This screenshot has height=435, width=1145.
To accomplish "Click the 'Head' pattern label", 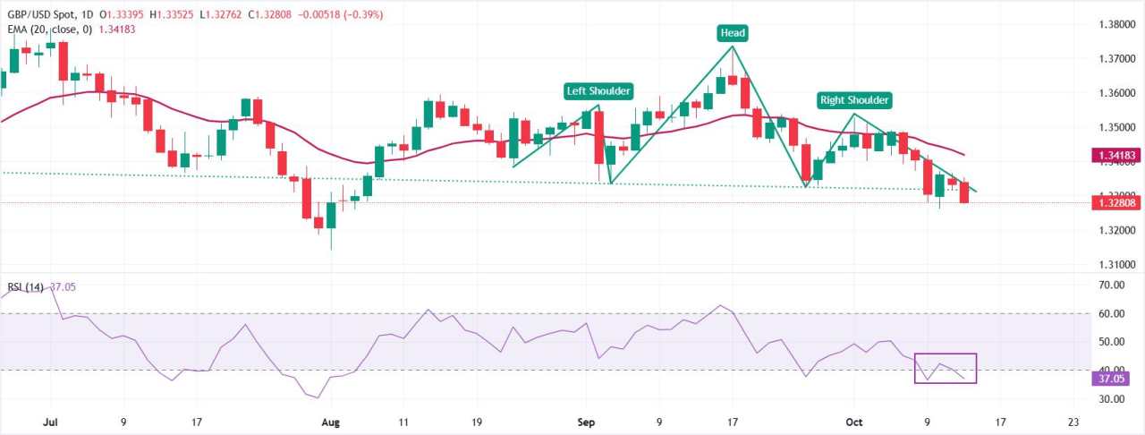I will pos(733,33).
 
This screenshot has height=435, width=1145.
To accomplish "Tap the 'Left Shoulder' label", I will pos(598,90).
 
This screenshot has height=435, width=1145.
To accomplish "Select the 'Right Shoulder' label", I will pos(853,100).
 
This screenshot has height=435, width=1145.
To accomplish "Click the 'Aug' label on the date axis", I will pos(331,422).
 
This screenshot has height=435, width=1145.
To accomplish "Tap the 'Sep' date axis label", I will pos(586,422).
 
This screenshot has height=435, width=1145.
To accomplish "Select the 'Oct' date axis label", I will pos(853,422).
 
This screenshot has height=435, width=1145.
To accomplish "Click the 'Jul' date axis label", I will pos(49,422).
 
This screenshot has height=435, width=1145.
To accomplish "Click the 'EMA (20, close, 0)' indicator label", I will pos(46,29).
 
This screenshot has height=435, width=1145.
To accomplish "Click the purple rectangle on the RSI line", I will pos(945,369).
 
